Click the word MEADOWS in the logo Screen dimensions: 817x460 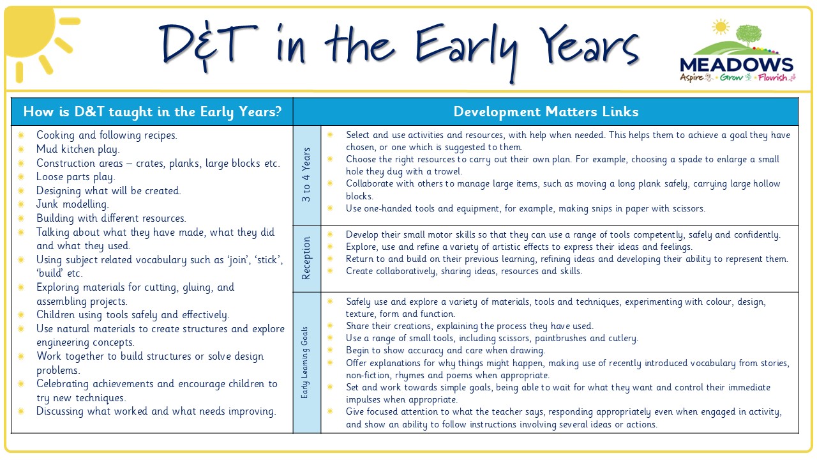737,65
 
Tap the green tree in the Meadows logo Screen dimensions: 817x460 749,35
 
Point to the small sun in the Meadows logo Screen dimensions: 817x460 721,27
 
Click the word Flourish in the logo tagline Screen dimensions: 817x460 772,77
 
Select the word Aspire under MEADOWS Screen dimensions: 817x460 691,78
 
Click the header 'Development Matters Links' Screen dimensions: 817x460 546,112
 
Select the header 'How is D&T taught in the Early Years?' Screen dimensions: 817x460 153,112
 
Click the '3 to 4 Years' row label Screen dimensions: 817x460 306,174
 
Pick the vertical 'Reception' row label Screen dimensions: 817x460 306,259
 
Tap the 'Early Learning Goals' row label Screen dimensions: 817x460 304,362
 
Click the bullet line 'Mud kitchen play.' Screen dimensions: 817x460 78,149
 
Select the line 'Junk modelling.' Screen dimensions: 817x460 73,204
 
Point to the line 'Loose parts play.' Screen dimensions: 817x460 76,177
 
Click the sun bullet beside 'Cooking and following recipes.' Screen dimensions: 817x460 21,135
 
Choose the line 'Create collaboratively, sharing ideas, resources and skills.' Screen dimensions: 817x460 464,272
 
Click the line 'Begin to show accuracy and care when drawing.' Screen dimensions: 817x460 446,351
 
